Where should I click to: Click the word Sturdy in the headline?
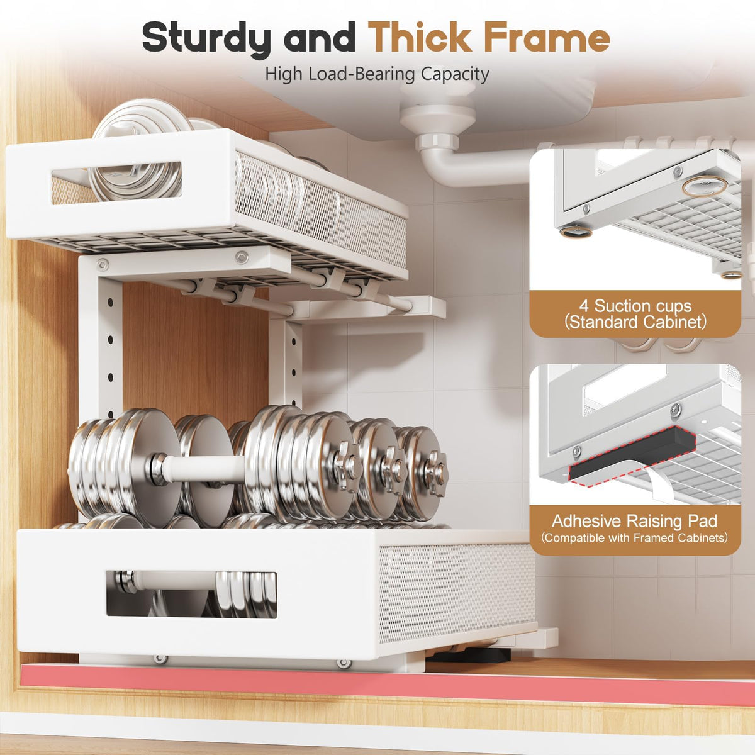206,38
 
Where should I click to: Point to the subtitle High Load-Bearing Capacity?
377,74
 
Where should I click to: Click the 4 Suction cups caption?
635,314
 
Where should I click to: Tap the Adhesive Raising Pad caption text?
634,521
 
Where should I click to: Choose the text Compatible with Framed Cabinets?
634,537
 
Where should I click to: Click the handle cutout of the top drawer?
116,182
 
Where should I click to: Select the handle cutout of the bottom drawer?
191,595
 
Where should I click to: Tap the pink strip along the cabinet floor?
388,685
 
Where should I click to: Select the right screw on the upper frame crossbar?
242,257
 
